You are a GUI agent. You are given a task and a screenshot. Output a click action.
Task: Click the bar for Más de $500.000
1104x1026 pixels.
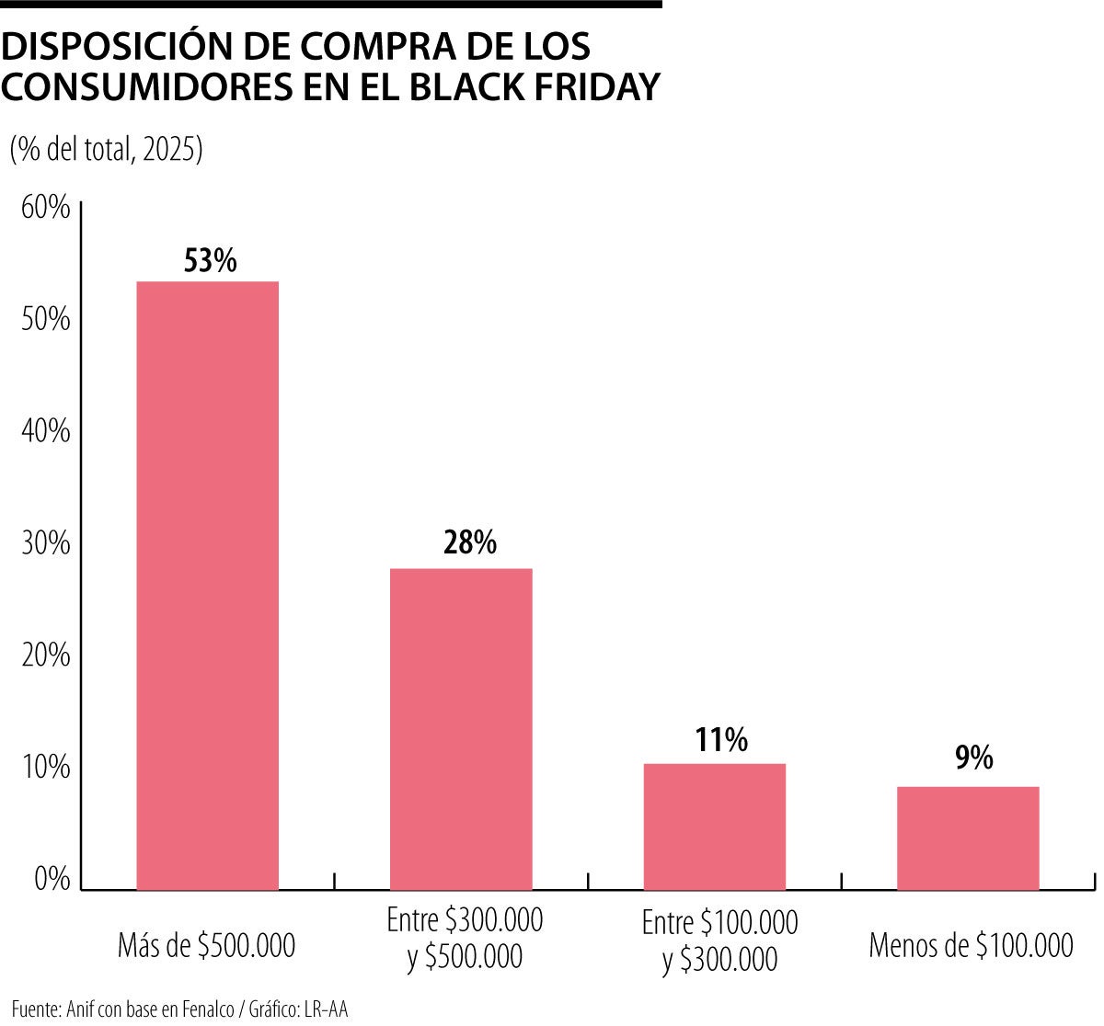tap(207, 586)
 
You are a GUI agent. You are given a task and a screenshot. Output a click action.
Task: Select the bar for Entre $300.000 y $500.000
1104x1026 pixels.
tap(461, 729)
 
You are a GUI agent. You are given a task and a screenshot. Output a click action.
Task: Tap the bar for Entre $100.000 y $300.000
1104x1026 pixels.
tap(715, 826)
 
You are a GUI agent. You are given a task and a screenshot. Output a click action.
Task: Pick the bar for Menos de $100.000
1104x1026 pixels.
tap(968, 838)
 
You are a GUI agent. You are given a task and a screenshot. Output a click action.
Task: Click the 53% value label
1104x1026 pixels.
tap(211, 261)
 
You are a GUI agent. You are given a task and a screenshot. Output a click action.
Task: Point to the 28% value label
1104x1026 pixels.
tap(469, 543)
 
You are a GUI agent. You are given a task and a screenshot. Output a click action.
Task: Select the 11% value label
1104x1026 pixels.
tap(721, 740)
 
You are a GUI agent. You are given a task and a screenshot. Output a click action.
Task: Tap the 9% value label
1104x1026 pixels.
tap(973, 758)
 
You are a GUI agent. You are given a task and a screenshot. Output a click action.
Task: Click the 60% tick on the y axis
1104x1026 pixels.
tap(45, 208)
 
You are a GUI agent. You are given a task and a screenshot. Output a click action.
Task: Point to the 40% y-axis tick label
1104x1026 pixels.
tap(45, 431)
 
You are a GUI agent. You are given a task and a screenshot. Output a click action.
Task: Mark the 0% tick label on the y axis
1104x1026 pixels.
tap(52, 879)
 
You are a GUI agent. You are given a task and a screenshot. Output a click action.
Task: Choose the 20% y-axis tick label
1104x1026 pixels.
tap(45, 655)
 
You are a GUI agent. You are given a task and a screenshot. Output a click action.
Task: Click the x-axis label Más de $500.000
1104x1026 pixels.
tap(207, 945)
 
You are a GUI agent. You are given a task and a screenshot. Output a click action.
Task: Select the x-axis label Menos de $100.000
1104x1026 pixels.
tap(971, 945)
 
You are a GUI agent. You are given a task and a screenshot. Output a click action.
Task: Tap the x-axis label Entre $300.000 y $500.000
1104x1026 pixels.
tap(465, 938)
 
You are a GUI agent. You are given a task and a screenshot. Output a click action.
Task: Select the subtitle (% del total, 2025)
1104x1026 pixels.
tap(106, 149)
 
